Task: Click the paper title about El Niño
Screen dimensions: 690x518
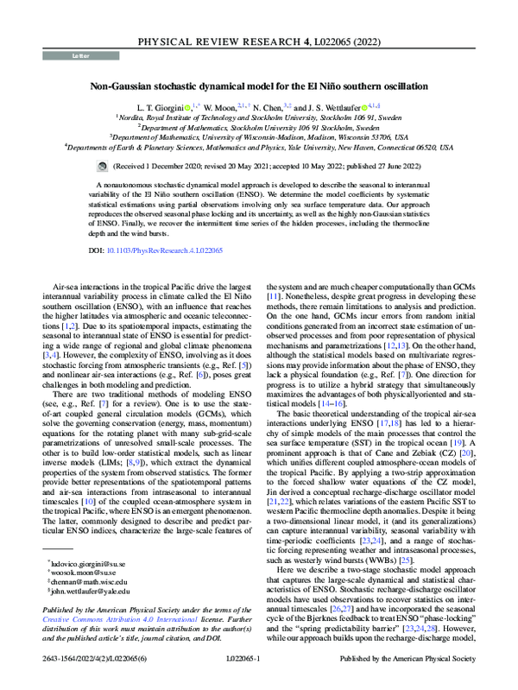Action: (258, 86)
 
